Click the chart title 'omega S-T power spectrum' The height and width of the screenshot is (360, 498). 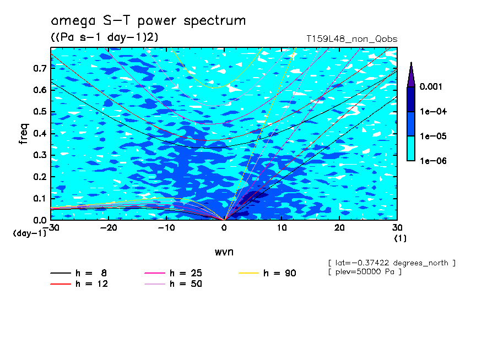[x=148, y=21]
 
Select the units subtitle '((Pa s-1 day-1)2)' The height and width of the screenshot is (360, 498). [x=105, y=37]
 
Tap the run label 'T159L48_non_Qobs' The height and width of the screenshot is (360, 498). [x=352, y=39]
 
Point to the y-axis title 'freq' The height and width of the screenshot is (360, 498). [x=24, y=134]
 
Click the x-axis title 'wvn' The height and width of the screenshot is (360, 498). [x=224, y=252]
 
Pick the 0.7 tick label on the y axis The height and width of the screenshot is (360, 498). [x=40, y=68]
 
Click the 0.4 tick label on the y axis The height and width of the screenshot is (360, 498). [x=40, y=133]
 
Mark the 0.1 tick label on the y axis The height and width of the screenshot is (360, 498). [x=40, y=198]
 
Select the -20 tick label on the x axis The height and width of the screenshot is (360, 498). [x=109, y=228]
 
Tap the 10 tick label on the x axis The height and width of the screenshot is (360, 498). [x=282, y=228]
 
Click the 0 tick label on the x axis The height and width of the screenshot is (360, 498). [x=224, y=228]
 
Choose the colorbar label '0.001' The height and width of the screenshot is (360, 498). [x=431, y=86]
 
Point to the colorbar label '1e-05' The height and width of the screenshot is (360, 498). [x=433, y=136]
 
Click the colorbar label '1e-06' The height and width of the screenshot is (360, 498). [x=433, y=161]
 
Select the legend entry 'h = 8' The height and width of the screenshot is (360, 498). [x=79, y=273]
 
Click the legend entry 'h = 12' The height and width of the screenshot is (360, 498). [x=79, y=284]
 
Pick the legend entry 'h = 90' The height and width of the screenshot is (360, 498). [x=267, y=273]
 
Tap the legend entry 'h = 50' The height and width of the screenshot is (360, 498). [x=174, y=284]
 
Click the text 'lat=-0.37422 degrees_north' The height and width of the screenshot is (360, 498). [x=392, y=263]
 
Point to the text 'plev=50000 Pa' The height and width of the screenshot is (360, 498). [x=365, y=272]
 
